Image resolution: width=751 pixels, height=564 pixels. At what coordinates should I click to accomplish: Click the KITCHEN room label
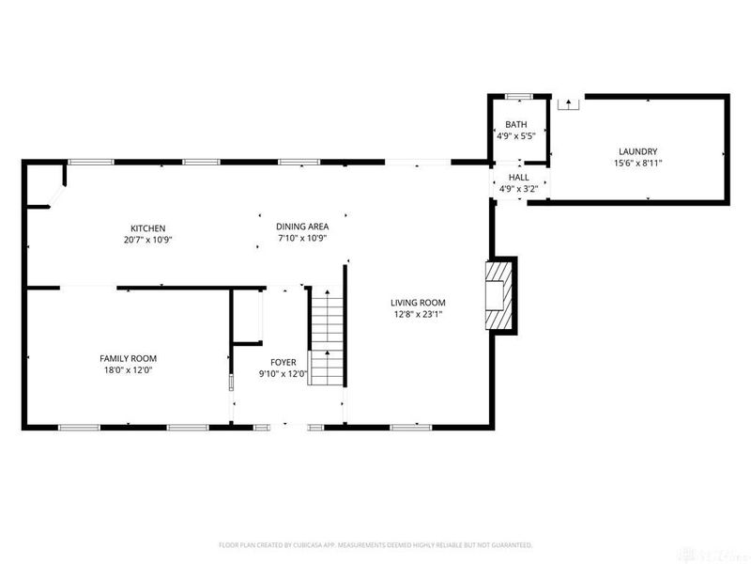coord(147,227)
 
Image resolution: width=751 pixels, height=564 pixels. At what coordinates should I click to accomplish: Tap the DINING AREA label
coord(302,227)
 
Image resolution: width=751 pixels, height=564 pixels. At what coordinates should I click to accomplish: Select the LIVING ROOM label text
coord(418,303)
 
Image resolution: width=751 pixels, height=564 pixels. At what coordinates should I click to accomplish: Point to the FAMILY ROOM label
coord(128,358)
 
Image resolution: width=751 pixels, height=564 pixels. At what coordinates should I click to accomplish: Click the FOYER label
coord(284,362)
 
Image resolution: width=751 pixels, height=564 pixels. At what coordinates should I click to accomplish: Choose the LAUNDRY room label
coord(637,151)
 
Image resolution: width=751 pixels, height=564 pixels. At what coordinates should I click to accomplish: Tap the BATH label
coord(516,125)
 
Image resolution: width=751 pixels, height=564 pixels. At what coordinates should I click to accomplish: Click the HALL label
coord(518,177)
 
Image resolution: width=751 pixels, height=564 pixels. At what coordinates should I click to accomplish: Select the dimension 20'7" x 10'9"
coord(147,240)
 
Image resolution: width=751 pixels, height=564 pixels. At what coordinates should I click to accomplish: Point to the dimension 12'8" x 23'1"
coord(418,315)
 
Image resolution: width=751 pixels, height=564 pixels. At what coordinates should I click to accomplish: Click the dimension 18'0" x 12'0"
coord(128,370)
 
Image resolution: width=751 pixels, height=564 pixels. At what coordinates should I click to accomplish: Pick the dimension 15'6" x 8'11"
coord(637,164)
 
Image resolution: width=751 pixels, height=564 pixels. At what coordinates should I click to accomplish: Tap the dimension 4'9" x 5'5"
coord(516,137)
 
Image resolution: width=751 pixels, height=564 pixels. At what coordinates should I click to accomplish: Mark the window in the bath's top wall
coord(517,96)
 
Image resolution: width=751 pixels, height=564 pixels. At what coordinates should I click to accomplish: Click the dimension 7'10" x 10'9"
coord(302,239)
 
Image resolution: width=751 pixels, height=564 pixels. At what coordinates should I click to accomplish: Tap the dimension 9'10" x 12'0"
coord(284,374)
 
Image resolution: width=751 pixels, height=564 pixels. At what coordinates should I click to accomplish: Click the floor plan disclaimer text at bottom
coord(375,544)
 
